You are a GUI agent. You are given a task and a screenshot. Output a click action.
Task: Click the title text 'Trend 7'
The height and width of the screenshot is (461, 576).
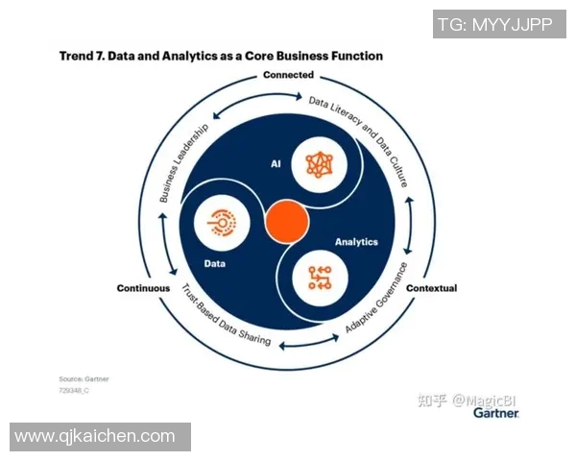(x=81, y=56)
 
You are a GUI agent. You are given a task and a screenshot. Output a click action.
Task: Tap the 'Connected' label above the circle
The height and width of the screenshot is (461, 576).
(x=288, y=75)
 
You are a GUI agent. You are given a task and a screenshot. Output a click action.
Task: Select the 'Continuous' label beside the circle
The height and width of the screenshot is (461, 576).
(x=143, y=288)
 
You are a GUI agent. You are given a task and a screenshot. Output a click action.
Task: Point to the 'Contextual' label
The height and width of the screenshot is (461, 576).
(x=431, y=288)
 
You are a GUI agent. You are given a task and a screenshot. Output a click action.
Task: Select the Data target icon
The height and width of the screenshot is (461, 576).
(x=222, y=222)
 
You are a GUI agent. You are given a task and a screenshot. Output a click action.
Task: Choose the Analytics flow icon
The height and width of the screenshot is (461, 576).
(x=319, y=278)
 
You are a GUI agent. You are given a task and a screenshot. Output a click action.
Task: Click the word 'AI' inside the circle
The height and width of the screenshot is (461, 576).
(x=274, y=165)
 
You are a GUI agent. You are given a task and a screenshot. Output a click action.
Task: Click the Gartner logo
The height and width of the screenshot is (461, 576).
(x=495, y=413)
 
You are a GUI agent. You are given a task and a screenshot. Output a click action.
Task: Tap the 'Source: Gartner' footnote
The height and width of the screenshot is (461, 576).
(x=84, y=379)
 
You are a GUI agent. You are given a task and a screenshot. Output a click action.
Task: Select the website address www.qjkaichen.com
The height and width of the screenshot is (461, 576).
(x=95, y=437)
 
